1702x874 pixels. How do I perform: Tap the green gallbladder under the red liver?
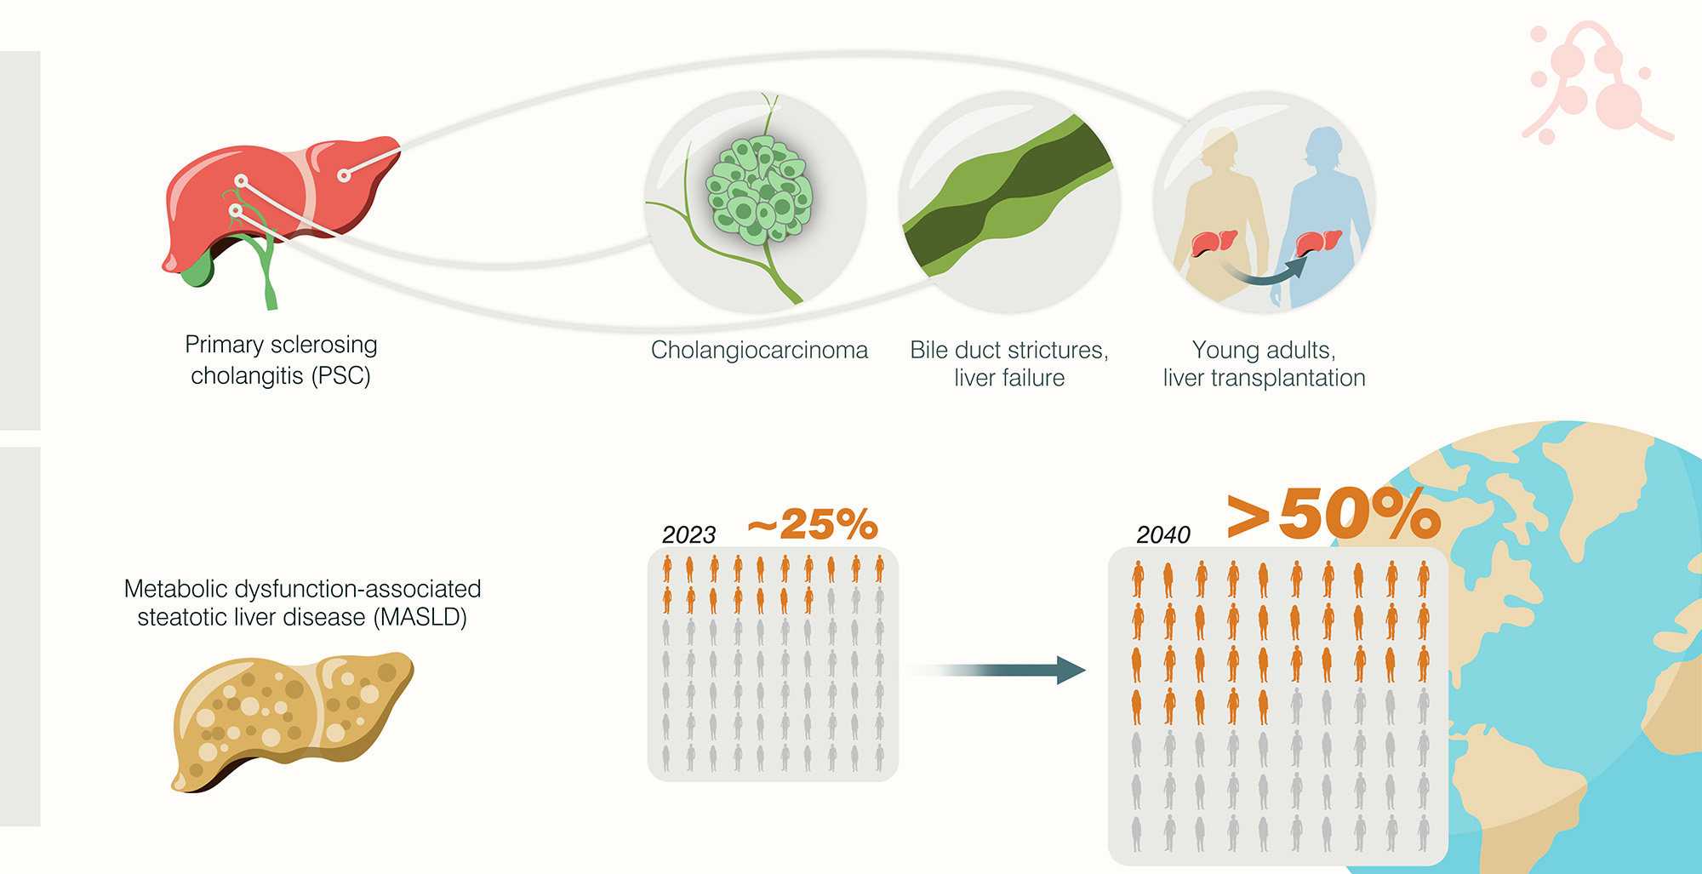point(197,270)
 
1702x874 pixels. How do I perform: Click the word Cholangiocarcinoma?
point(759,351)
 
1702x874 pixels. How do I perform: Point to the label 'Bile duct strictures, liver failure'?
point(1009,363)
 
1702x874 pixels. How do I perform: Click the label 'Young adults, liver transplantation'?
point(1264,363)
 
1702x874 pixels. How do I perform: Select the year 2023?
point(688,535)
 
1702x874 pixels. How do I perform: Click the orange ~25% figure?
point(813,524)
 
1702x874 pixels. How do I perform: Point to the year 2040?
point(1162,535)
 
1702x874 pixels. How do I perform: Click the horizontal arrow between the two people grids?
point(996,670)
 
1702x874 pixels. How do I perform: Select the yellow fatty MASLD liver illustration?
point(289,719)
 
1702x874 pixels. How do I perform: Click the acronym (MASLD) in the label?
point(420,618)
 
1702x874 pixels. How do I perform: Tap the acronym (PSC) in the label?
point(340,376)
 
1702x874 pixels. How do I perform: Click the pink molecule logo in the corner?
point(1591,85)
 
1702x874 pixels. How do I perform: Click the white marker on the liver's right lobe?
point(344,176)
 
